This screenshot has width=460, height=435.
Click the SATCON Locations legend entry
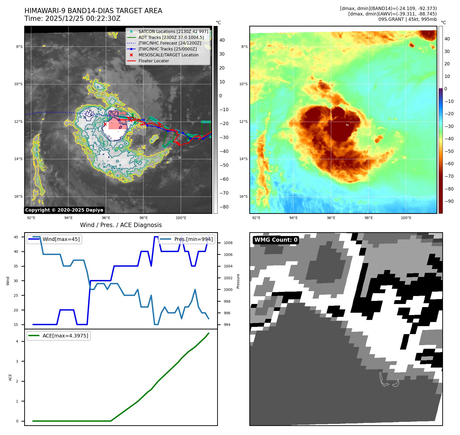point(173,32)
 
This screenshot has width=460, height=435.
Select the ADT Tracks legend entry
point(171,37)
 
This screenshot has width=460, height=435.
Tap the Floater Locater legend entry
point(154,61)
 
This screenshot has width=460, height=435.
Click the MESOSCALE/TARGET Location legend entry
point(168,55)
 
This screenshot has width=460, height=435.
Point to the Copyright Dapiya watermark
point(64,210)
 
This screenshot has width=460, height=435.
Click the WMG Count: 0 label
point(276,240)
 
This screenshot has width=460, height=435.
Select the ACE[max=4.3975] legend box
point(59,336)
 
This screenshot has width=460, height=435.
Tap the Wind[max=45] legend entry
point(55,239)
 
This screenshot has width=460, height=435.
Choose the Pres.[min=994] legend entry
point(187,239)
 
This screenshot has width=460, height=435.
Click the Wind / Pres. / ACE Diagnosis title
point(121,225)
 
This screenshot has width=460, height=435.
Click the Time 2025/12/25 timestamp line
point(73,19)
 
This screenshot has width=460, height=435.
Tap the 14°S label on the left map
point(19,159)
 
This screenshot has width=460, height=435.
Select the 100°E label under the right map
point(406,218)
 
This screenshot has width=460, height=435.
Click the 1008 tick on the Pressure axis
point(228,243)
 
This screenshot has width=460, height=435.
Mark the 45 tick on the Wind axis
point(16,237)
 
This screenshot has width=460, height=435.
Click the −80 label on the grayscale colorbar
point(224,207)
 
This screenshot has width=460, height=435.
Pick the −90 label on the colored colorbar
point(449,201)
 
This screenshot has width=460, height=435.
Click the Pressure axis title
point(238,281)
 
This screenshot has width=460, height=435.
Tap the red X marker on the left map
point(105,124)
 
